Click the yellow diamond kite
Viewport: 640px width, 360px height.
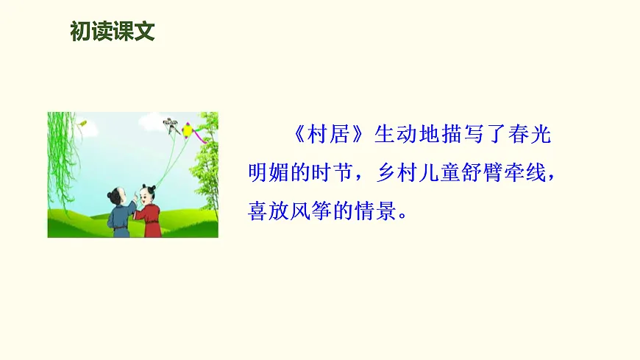pyautogui.click(x=189, y=130)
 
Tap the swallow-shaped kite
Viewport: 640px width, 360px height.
pyautogui.click(x=171, y=124)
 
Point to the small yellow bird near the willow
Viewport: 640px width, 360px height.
pyautogui.click(x=83, y=123)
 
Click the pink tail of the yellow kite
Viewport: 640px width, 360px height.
pyautogui.click(x=199, y=137)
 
